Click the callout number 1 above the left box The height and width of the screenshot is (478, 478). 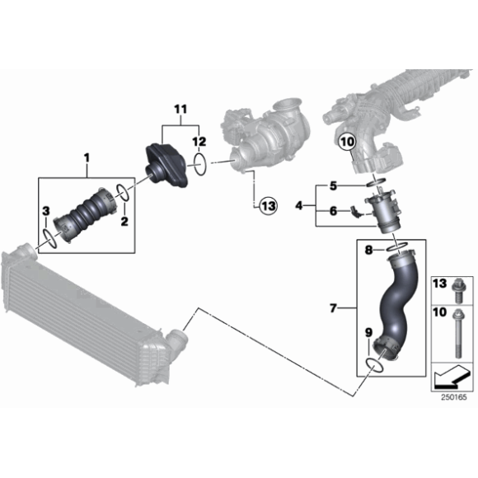click(x=87, y=158)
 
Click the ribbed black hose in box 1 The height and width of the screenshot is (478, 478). click(x=86, y=215)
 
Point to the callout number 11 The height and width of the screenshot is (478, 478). click(x=180, y=110)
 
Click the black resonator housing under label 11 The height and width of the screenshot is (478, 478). click(x=167, y=166)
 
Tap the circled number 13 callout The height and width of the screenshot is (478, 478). click(x=269, y=206)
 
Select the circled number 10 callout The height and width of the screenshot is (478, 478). click(x=348, y=142)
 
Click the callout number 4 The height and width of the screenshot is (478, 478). click(x=298, y=206)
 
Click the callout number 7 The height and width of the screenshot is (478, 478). click(x=333, y=308)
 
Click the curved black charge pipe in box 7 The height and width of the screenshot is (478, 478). click(x=394, y=305)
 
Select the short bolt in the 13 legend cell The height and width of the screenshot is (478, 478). click(x=457, y=290)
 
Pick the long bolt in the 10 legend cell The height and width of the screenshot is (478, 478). click(x=457, y=332)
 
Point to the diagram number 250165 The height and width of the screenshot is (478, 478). click(x=454, y=397)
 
